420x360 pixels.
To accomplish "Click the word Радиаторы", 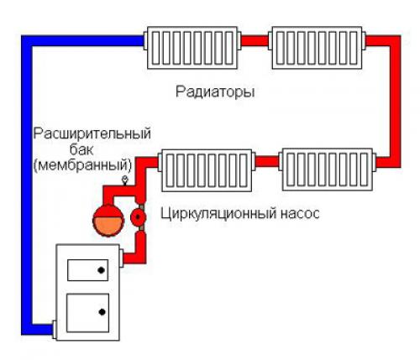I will (214, 91).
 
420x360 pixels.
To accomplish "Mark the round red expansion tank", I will (107, 217).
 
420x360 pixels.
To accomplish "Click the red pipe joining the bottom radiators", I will (268, 159).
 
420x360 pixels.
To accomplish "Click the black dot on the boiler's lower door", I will (103, 312).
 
